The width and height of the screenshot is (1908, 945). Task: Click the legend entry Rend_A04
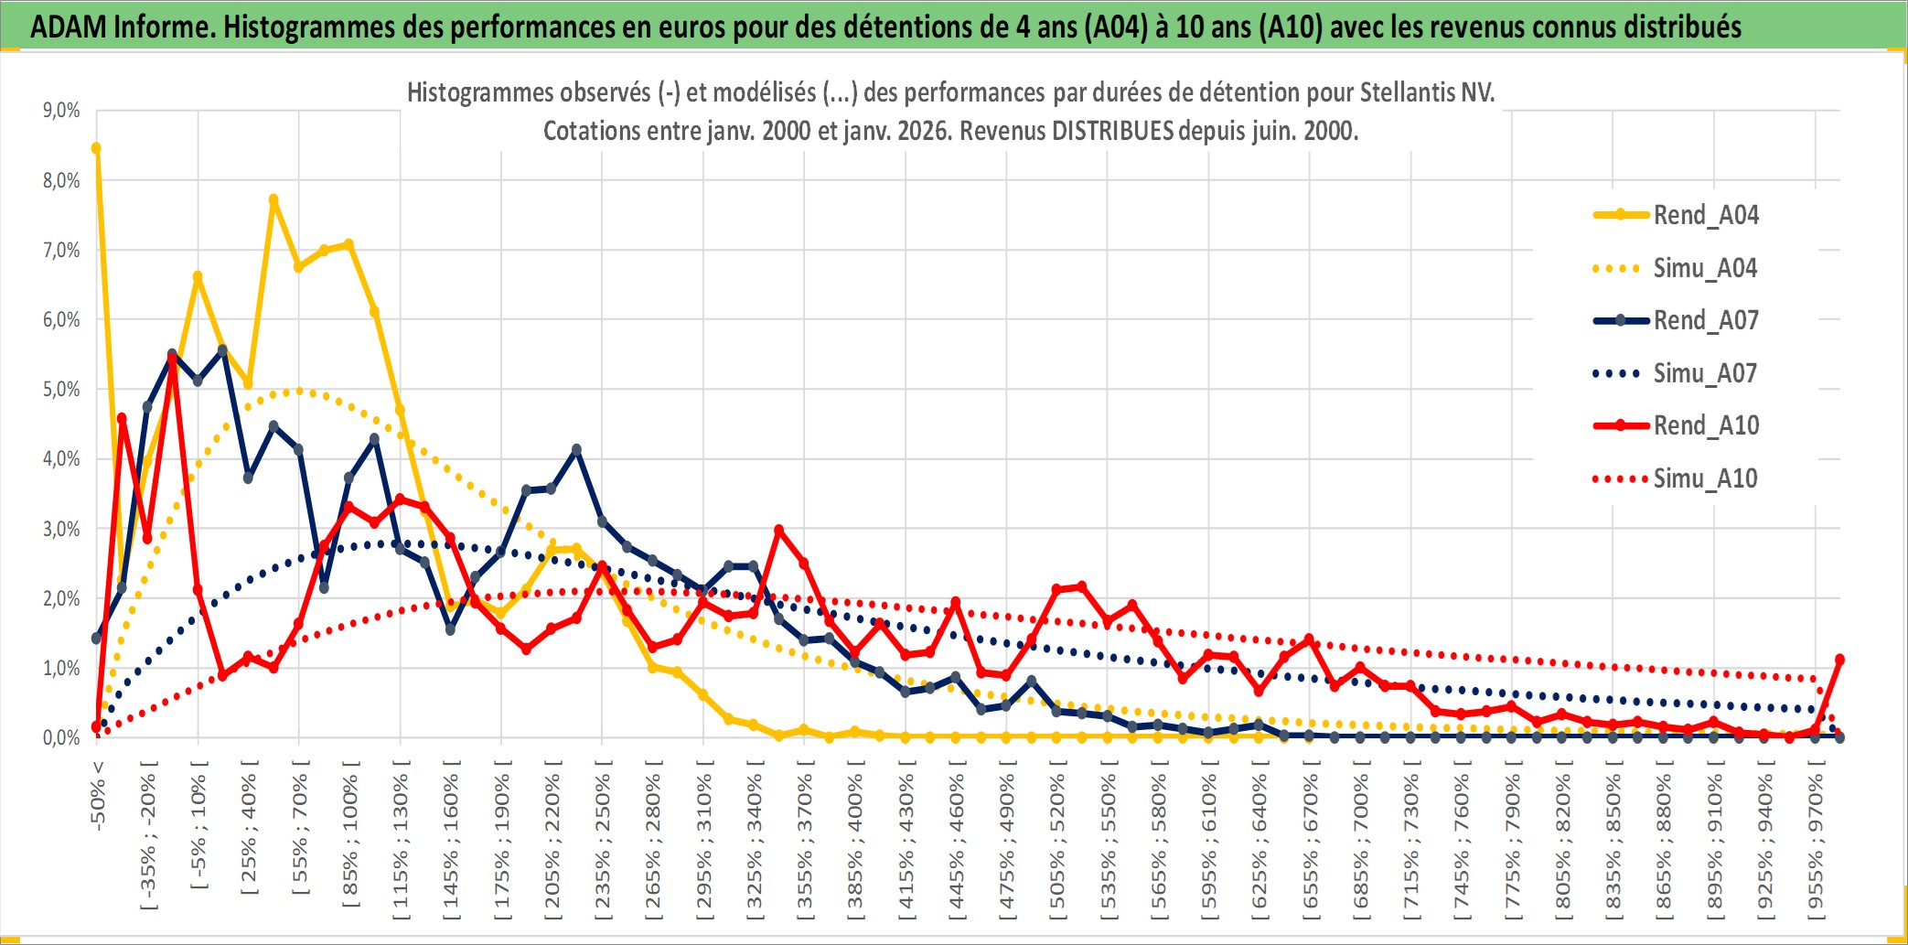[x=1705, y=215]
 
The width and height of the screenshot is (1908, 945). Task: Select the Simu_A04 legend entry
[x=1705, y=268]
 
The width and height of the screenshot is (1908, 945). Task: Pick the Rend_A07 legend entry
[x=1705, y=320]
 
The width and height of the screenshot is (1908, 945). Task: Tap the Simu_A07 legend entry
[x=1705, y=373]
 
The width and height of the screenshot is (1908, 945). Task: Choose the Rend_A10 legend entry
[x=1705, y=425]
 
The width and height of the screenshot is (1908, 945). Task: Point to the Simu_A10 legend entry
[x=1705, y=478]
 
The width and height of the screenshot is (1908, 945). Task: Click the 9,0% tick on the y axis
[x=61, y=111]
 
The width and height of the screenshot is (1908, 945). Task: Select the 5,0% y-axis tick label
[x=61, y=390]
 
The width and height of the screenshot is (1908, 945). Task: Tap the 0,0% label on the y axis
[x=61, y=738]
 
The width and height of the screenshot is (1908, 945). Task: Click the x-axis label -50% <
[x=98, y=796]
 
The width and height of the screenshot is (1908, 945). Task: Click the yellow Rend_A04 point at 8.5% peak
[x=96, y=148]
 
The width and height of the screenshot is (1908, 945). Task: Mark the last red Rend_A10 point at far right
[x=1839, y=660]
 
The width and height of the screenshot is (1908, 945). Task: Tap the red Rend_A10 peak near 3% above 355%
[x=778, y=530]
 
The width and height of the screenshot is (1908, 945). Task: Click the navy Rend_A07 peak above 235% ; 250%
[x=576, y=450]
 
